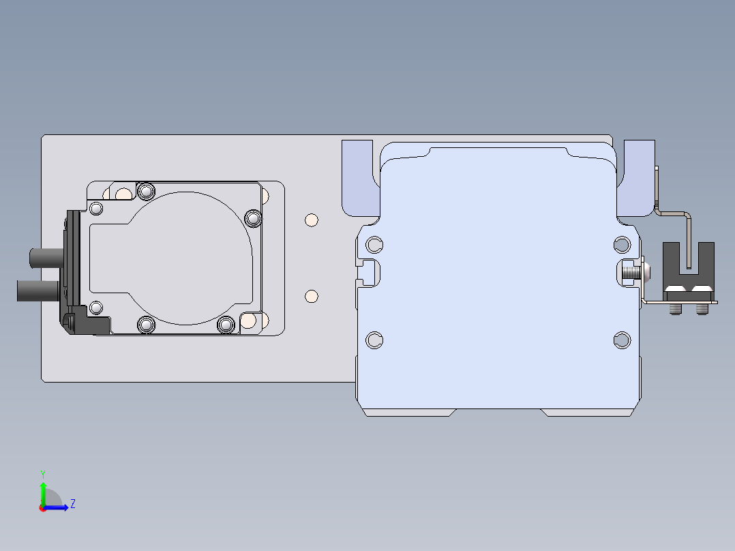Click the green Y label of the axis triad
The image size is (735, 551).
click(x=43, y=474)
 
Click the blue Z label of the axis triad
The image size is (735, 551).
click(x=73, y=504)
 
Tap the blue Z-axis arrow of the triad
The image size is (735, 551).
click(x=56, y=507)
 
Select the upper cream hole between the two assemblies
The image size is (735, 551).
click(x=311, y=220)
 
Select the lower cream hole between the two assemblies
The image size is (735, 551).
click(x=311, y=297)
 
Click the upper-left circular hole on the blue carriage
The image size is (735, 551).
click(x=374, y=245)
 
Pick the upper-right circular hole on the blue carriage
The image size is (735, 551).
click(x=622, y=245)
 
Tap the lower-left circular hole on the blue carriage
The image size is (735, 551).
click(x=374, y=340)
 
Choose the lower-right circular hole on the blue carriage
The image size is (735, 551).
click(x=622, y=340)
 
